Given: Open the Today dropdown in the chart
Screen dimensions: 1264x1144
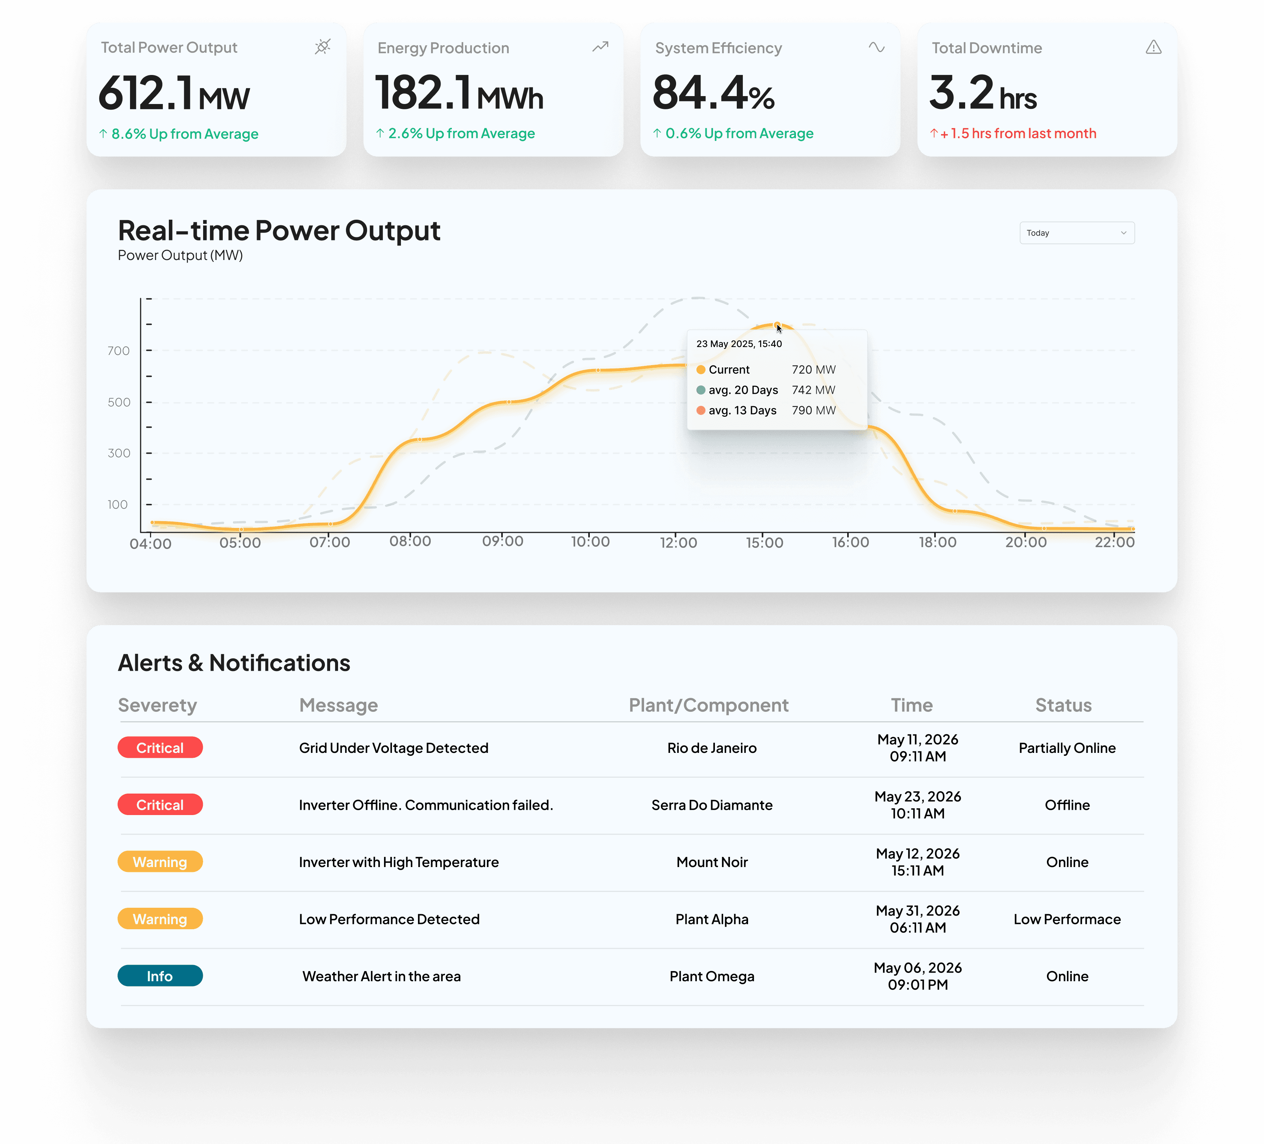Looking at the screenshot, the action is [x=1077, y=232].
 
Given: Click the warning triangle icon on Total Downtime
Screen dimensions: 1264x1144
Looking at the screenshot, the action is [x=1154, y=47].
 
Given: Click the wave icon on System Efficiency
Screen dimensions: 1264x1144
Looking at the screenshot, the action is [x=877, y=47].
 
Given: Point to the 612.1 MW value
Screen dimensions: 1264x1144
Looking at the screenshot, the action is [x=174, y=93].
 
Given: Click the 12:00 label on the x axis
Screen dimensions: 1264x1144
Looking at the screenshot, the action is [x=678, y=542].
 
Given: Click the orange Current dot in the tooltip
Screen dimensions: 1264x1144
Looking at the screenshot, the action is [x=701, y=370].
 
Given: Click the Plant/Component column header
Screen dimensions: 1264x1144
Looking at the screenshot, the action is [x=709, y=705].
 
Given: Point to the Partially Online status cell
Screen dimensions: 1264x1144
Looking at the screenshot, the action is [x=1067, y=748].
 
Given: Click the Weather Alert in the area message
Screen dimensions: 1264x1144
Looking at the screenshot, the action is [x=382, y=976].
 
